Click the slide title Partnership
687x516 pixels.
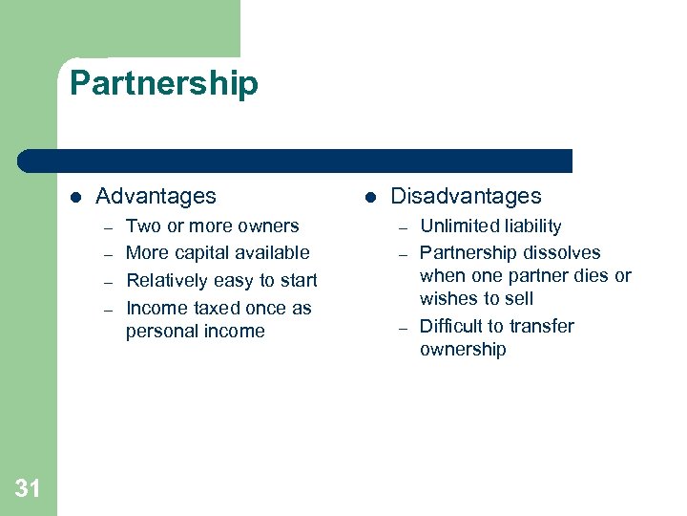pyautogui.click(x=163, y=84)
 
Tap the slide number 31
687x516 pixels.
pyautogui.click(x=28, y=489)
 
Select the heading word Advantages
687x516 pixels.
pyautogui.click(x=156, y=196)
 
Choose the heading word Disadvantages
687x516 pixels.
pyautogui.click(x=466, y=196)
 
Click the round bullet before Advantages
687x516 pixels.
pyautogui.click(x=75, y=197)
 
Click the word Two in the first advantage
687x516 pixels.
pyautogui.click(x=143, y=226)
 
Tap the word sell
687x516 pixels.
pyautogui.click(x=516, y=299)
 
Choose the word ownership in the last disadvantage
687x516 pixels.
pyautogui.click(x=463, y=350)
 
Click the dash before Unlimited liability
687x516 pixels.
pyautogui.click(x=404, y=227)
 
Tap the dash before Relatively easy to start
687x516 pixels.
pyautogui.click(x=109, y=282)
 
